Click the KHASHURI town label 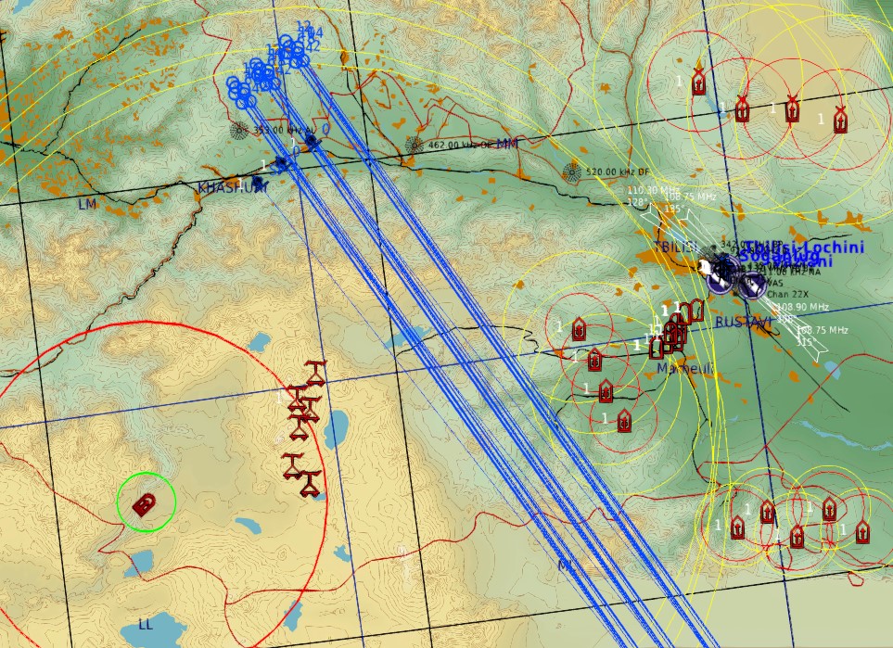[232, 187]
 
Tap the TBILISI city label [675, 247]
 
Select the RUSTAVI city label [743, 322]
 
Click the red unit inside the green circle [144, 504]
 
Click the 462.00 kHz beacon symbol [414, 145]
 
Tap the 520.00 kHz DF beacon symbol [571, 172]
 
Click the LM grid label [87, 204]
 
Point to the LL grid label [145, 625]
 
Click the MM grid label [507, 144]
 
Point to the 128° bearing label [638, 201]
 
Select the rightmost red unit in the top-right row [840, 119]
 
